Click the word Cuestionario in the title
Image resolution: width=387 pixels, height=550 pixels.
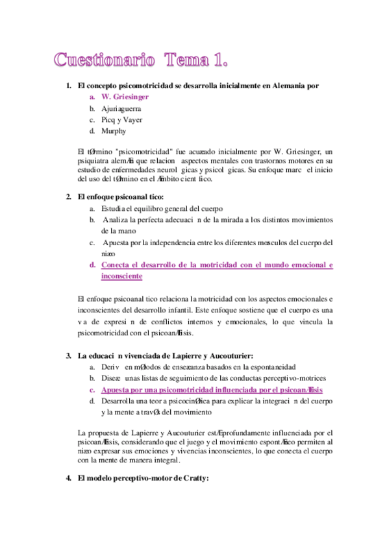(105, 61)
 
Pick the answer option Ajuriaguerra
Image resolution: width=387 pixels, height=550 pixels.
(121, 108)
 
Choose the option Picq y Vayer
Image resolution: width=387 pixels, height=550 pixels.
(121, 120)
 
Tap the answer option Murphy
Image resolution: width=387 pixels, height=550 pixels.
(114, 131)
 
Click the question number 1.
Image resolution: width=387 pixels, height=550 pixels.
(68, 85)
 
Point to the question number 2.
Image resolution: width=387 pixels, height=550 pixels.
(68, 197)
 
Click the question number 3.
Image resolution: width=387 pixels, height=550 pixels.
(68, 355)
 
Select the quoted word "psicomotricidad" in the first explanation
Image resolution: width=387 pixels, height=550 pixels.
(135, 150)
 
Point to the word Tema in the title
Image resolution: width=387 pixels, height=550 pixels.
(187, 61)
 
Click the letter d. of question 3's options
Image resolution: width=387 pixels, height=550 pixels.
(93, 401)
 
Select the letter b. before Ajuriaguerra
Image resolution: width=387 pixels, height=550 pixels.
(93, 108)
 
